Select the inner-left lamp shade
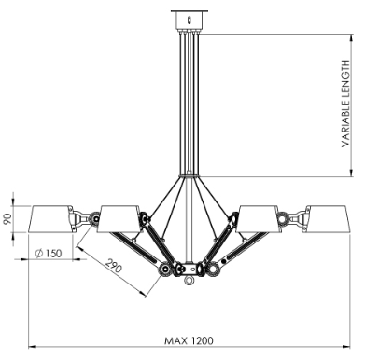point(119,218)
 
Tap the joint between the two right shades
point(291,220)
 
